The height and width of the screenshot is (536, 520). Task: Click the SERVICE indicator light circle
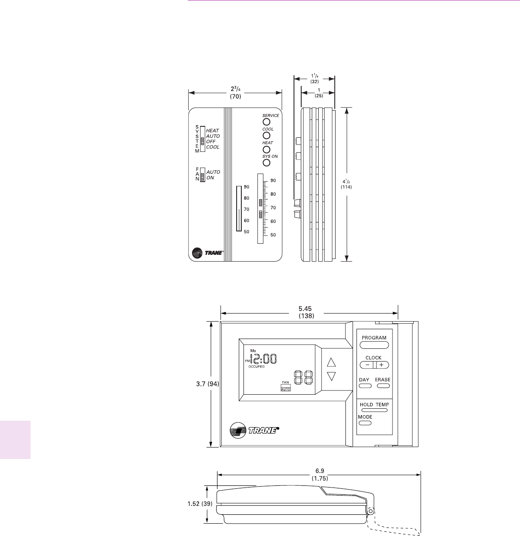click(x=266, y=122)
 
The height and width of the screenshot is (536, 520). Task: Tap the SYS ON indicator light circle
click(x=266, y=163)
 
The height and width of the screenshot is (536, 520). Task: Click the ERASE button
click(x=383, y=386)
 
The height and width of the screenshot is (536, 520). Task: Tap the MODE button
click(x=365, y=423)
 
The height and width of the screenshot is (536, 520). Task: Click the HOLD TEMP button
click(x=374, y=410)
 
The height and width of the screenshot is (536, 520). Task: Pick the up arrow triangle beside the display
click(x=331, y=362)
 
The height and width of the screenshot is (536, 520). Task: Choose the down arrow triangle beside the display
click(x=331, y=376)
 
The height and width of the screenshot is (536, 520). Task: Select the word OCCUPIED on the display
click(x=257, y=366)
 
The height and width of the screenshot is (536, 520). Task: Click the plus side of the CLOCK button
click(x=382, y=365)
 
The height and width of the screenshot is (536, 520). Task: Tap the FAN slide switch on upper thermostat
click(x=203, y=175)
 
